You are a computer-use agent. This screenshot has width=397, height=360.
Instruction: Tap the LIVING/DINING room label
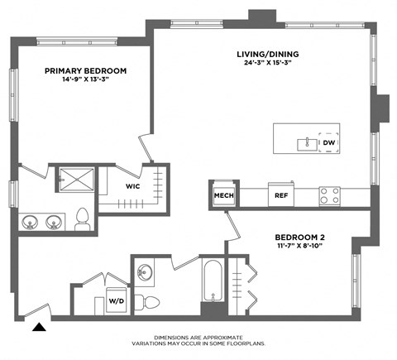coord(271,54)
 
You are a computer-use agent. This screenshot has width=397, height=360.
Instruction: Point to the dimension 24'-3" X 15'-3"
coord(271,63)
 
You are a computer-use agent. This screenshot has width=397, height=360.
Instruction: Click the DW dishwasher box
coord(328,143)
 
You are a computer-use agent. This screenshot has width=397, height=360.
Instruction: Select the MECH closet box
coord(223,195)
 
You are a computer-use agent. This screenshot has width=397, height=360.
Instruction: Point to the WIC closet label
coord(132,185)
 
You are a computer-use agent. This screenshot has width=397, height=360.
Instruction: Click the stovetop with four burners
coord(330,195)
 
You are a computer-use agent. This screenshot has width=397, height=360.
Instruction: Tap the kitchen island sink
coord(305,143)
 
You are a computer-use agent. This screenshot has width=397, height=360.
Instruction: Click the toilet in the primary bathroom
coord(81,218)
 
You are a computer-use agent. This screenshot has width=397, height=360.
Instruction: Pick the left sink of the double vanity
coord(30,221)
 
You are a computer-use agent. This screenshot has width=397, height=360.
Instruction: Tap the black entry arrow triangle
coord(37,327)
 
